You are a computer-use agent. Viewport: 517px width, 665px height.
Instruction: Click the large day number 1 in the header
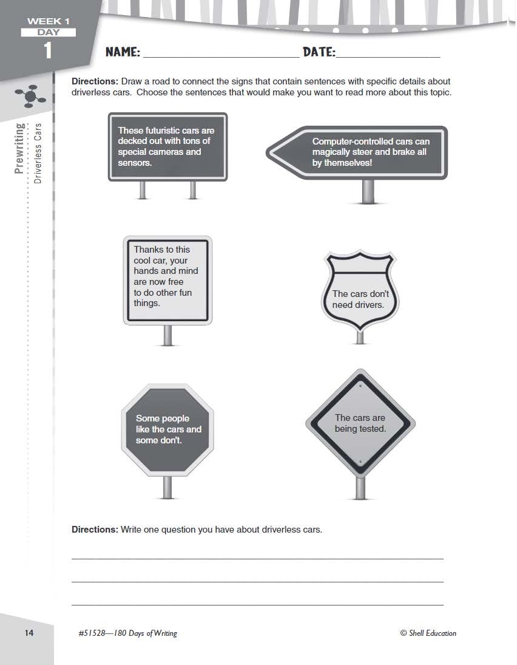[x=48, y=51]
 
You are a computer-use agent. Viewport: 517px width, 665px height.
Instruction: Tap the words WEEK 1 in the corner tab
[x=48, y=21]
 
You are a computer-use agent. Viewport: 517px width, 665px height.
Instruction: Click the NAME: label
[x=123, y=52]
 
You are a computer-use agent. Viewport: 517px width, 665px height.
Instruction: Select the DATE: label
[x=319, y=52]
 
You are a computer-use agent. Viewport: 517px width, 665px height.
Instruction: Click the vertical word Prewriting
[x=19, y=148]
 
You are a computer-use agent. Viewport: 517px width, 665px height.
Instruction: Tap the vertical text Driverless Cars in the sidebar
[x=38, y=153]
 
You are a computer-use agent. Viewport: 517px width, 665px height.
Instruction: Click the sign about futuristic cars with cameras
[x=167, y=146]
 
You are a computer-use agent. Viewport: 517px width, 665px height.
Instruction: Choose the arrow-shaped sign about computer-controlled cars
[x=358, y=152]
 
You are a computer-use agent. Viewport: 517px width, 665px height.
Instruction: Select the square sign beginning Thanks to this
[x=167, y=280]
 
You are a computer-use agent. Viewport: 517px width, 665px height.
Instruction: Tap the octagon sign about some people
[x=167, y=429]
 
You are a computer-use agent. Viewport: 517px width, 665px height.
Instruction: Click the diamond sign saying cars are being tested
[x=360, y=423]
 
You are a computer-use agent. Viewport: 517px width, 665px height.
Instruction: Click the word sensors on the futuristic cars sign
[x=135, y=163]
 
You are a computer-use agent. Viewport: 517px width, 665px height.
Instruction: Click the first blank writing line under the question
[x=257, y=558]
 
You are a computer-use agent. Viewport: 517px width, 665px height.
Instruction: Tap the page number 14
[x=29, y=633]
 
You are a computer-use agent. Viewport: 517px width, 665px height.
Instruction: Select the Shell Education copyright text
[x=428, y=633]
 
